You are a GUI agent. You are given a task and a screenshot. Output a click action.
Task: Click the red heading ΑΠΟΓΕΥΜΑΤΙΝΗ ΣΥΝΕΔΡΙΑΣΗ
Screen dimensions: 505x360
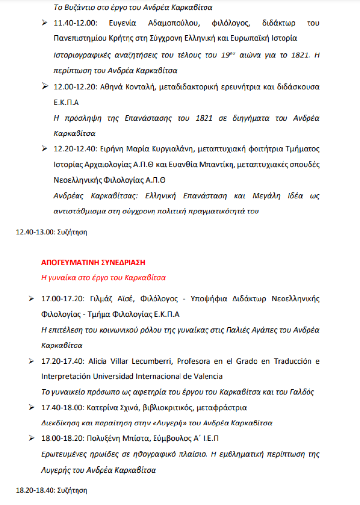click(x=93, y=263)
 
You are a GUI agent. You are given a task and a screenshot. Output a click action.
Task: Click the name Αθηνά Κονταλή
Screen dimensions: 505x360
click(x=124, y=87)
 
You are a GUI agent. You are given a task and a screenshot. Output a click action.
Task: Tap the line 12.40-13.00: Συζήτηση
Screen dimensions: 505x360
click(x=51, y=231)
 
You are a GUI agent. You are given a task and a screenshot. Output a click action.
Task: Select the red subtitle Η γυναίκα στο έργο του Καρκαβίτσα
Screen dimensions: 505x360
click(x=103, y=278)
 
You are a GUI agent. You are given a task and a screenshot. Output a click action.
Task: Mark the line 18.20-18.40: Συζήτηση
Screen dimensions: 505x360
click(x=51, y=490)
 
